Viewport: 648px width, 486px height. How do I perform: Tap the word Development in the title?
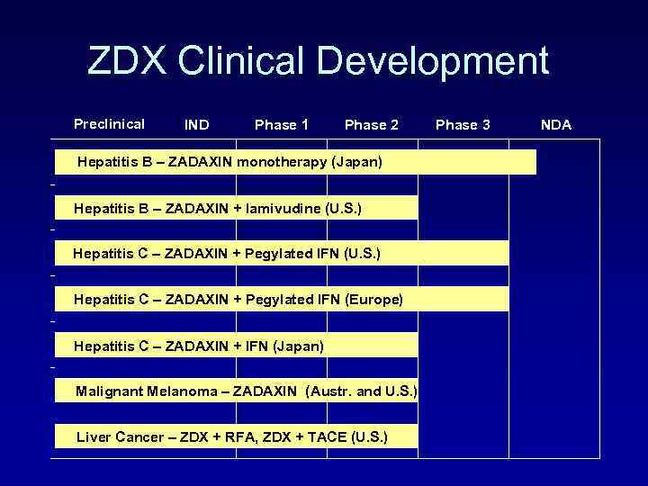tap(433, 61)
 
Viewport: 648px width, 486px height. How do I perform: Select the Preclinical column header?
tap(109, 124)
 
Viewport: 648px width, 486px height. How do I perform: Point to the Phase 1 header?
tap(282, 125)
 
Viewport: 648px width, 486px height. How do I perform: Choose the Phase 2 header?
tap(372, 125)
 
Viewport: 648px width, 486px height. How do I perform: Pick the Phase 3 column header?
tap(463, 125)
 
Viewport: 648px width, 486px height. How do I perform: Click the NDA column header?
tap(555, 125)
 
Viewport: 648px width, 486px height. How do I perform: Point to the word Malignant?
tap(109, 391)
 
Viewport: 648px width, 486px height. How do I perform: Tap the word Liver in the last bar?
tap(94, 437)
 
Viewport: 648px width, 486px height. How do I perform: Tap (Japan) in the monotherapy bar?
tap(357, 163)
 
